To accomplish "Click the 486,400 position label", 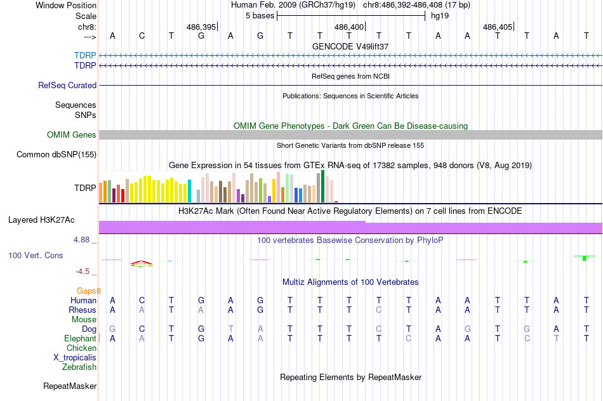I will point(349,27).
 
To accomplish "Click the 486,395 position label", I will point(201,27).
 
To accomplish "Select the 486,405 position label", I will point(497,27).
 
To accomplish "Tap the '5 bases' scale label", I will point(260,15).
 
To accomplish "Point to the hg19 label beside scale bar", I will point(440,15).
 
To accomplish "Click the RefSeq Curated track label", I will point(67,85).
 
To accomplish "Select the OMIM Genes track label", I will point(72,135).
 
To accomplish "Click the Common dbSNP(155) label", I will point(56,154).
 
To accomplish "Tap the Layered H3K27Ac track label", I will point(41,220).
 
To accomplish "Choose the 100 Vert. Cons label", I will point(36,255).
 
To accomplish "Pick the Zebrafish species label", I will point(79,367).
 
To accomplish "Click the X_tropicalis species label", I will point(75,357).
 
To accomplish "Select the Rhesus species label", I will point(83,310).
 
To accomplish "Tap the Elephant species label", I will point(81,338).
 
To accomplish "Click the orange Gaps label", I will point(89,291).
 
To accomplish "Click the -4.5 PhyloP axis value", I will point(83,271).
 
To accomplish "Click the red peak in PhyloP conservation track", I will point(142,261).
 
